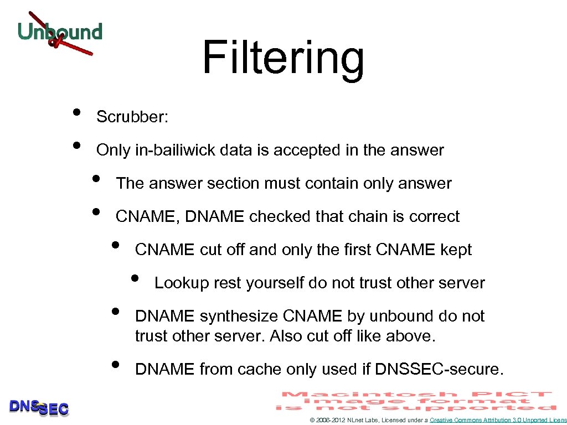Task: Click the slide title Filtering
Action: [283, 58]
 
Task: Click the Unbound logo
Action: [60, 33]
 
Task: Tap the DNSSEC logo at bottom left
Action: [39, 408]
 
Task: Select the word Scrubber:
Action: [132, 117]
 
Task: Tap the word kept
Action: [456, 250]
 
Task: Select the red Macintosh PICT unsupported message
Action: [416, 401]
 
